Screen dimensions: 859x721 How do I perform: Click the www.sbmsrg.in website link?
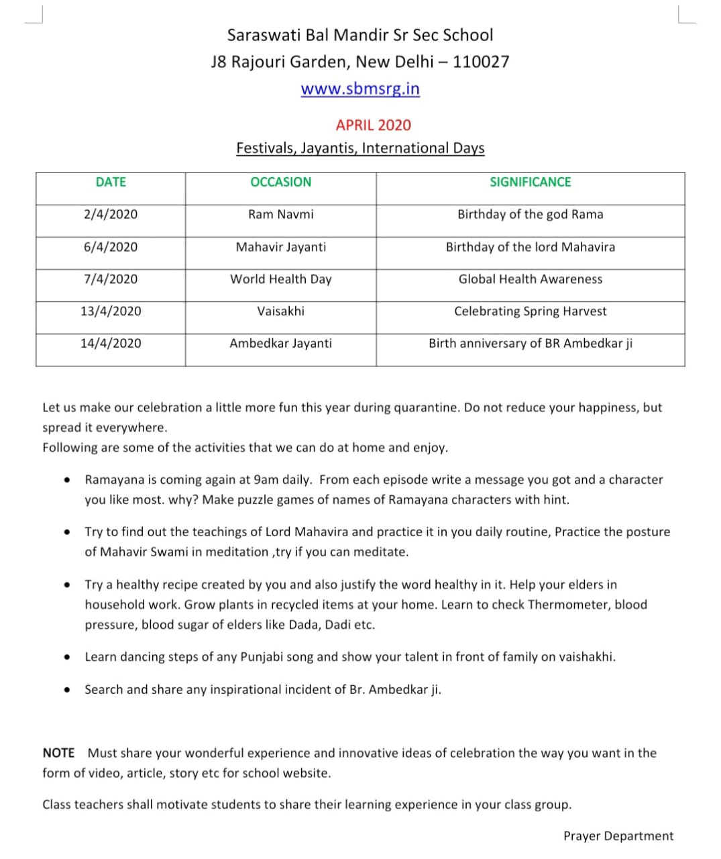pyautogui.click(x=360, y=89)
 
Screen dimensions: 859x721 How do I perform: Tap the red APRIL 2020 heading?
pyautogui.click(x=374, y=125)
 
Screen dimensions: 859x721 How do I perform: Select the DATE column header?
pyautogui.click(x=111, y=182)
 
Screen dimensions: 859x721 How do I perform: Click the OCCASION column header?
pyautogui.click(x=280, y=182)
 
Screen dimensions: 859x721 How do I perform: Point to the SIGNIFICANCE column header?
pyautogui.click(x=530, y=182)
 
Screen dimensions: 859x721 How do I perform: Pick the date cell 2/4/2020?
pyautogui.click(x=111, y=214)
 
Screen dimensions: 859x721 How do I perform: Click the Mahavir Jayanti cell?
pyautogui.click(x=280, y=247)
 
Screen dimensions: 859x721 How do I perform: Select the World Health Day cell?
pyautogui.click(x=280, y=279)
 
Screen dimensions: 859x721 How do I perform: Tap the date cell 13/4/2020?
pyautogui.click(x=111, y=311)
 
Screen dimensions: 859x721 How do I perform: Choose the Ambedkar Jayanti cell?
pyautogui.click(x=280, y=343)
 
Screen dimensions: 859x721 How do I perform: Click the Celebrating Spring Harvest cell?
pyautogui.click(x=530, y=311)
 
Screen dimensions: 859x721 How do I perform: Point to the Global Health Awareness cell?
pyautogui.click(x=530, y=279)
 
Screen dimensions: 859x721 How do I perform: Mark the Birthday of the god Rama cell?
pyautogui.click(x=530, y=214)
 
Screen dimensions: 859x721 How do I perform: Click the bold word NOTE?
pyautogui.click(x=58, y=753)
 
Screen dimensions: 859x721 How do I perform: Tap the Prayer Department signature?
pyautogui.click(x=618, y=836)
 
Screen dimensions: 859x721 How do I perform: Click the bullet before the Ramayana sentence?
pyautogui.click(x=67, y=480)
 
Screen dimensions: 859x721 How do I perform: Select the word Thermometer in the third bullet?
pyautogui.click(x=569, y=604)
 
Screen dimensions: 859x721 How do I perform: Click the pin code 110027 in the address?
pyautogui.click(x=481, y=62)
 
